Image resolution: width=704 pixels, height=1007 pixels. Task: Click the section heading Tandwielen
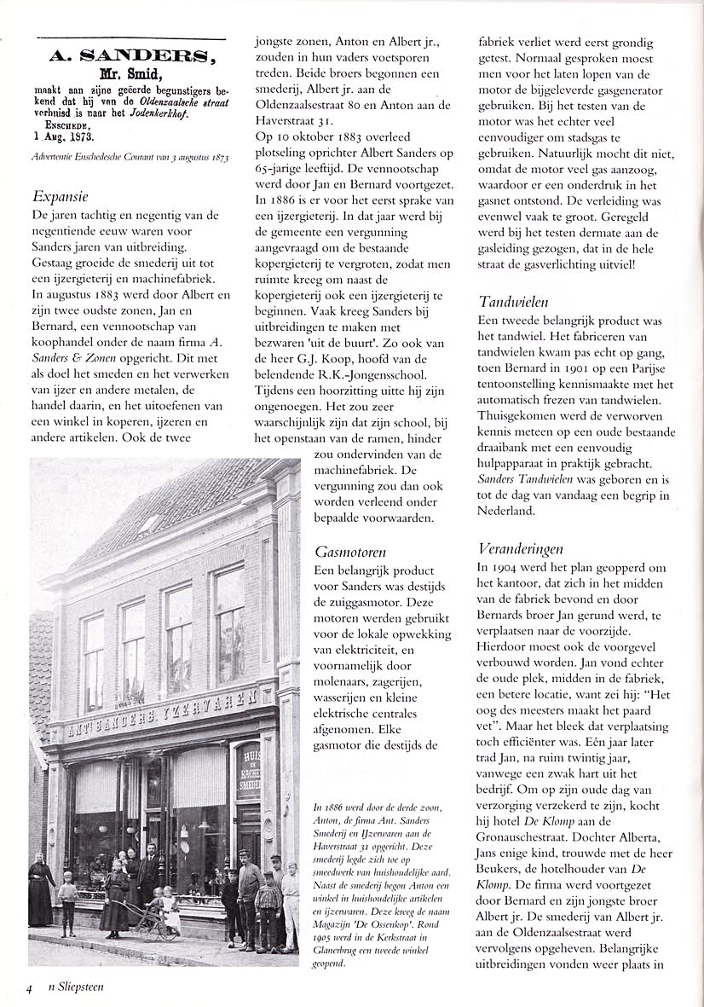(513, 301)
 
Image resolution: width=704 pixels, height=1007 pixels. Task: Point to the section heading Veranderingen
(521, 547)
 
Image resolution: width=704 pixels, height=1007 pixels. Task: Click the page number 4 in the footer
(29, 988)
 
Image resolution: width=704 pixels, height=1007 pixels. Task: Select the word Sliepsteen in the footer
(79, 987)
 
